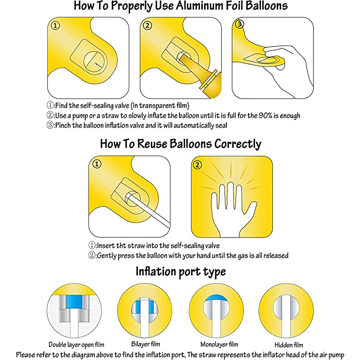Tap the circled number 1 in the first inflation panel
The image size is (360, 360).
coord(55,26)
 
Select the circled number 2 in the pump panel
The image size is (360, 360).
coord(148,25)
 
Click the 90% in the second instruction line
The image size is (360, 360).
coord(265,115)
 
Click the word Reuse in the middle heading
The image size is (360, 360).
coord(152,144)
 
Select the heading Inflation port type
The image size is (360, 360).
coord(180,271)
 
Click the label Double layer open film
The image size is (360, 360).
coord(76,345)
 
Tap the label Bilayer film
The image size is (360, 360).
coord(146,344)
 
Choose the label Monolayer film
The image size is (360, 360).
coord(219,344)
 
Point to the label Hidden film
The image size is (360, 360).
coord(288,345)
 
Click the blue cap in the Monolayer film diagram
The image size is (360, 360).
coord(216,298)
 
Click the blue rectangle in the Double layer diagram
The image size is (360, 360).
coord(74,302)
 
